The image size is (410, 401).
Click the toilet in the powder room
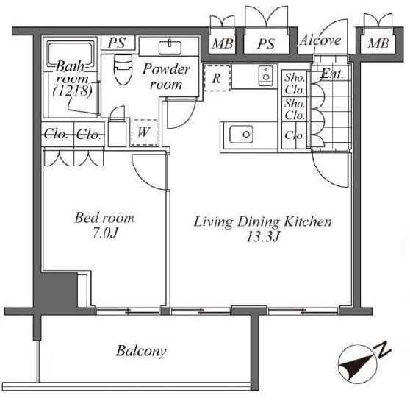tap(123, 69)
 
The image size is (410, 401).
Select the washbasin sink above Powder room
tap(170, 48)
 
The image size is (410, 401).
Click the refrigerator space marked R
tap(217, 78)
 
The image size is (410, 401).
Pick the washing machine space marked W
tap(144, 132)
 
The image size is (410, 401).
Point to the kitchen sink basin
tap(241, 135)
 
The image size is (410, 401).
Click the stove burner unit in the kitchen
tap(266, 76)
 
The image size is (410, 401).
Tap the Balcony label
tap(141, 351)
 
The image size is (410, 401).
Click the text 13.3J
tap(263, 238)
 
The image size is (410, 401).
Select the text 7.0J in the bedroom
tap(105, 233)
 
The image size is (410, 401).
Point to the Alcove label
tap(320, 40)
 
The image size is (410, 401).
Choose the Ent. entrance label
tap(332, 74)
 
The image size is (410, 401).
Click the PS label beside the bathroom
tap(117, 43)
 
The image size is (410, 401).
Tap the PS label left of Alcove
tap(266, 43)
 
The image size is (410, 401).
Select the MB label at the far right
tap(378, 43)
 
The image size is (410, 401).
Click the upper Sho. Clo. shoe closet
tap(295, 84)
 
